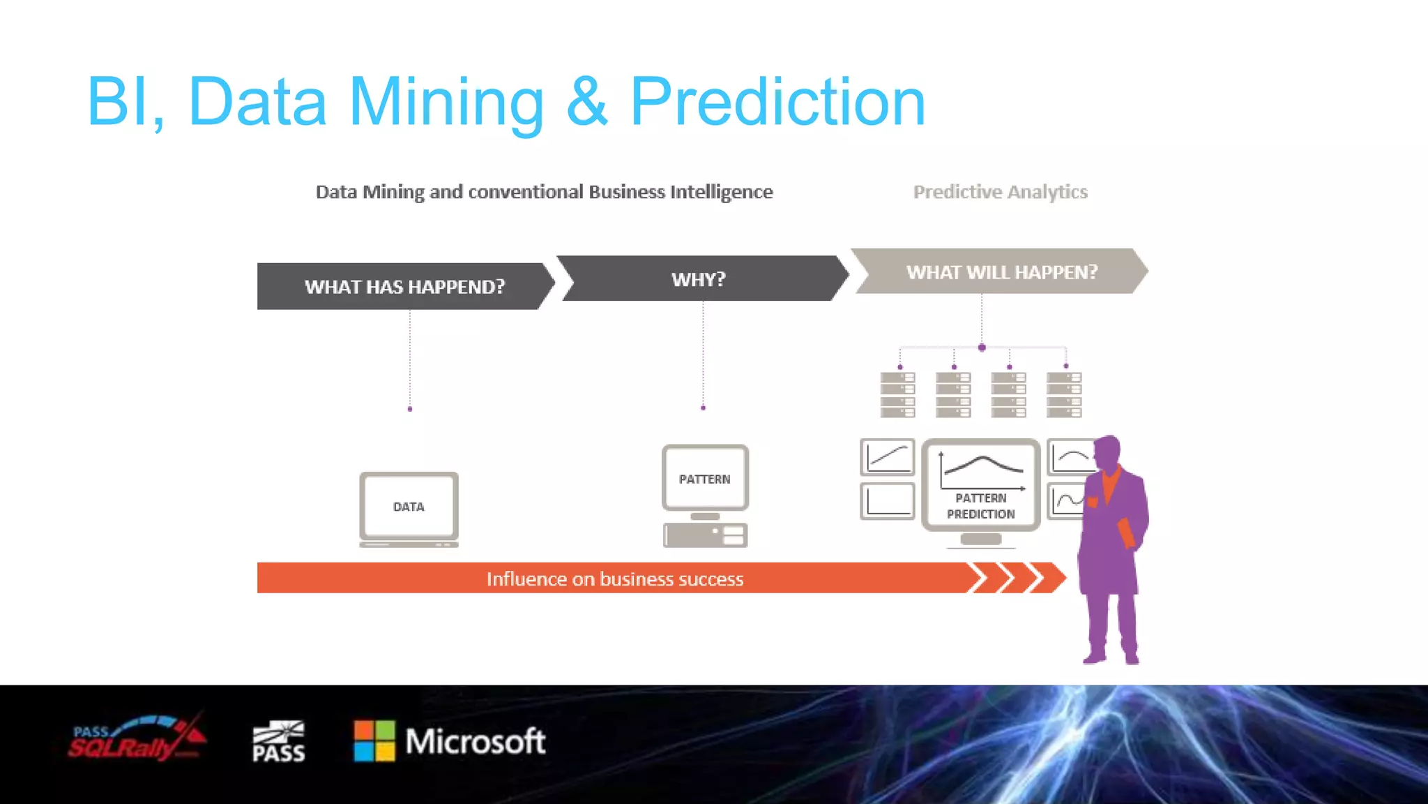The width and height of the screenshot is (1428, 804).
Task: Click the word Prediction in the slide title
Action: (x=777, y=102)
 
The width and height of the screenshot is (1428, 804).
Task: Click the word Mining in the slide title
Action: (x=446, y=102)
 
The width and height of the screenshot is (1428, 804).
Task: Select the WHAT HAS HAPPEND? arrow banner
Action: (x=404, y=286)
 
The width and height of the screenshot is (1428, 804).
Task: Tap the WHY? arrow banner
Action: (x=699, y=279)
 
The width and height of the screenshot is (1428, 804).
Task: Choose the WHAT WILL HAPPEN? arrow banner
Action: (x=1001, y=271)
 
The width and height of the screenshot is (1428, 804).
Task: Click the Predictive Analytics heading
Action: (x=1000, y=192)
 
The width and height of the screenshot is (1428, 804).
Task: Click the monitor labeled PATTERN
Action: (x=705, y=479)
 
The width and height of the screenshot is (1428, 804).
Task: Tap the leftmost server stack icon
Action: (x=897, y=395)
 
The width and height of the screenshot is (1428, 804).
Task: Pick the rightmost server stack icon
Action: (x=1064, y=395)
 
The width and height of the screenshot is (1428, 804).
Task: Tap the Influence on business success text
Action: (x=615, y=579)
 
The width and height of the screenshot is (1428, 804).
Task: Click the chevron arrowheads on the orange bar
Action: (x=1017, y=578)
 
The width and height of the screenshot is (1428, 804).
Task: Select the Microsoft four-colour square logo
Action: (x=374, y=740)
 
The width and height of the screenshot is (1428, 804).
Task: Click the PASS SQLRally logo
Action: (x=136, y=740)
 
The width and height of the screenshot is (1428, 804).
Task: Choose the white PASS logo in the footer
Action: (x=278, y=741)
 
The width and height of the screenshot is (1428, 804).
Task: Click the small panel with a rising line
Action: (x=887, y=457)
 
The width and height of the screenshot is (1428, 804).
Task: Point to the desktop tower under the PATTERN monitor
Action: (x=705, y=535)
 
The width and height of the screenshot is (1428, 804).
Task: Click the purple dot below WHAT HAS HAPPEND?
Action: (x=410, y=409)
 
